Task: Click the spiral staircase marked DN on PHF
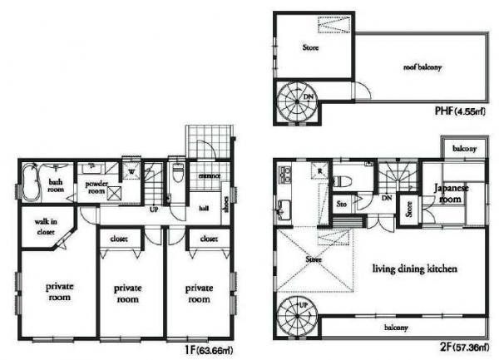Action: (297, 103)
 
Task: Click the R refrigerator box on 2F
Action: (319, 171)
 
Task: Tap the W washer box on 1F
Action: (131, 172)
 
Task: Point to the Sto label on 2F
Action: (341, 202)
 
